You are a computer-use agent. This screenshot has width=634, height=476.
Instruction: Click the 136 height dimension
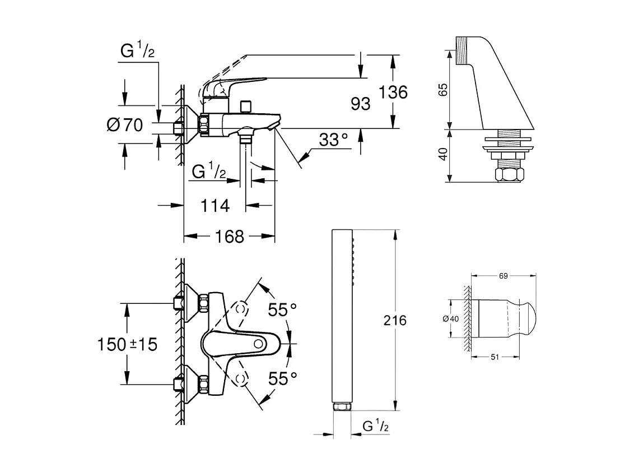coord(393,91)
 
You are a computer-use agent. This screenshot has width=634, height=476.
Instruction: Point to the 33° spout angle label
coord(333,140)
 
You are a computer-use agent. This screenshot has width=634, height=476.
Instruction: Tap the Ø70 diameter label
coord(125,125)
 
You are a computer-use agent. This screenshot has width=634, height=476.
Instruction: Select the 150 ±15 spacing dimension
coord(126,344)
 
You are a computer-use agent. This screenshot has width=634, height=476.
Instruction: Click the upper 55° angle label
coord(282,309)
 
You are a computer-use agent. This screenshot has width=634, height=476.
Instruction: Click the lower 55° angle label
coord(282,379)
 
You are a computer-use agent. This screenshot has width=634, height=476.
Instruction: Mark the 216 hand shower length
coord(394,321)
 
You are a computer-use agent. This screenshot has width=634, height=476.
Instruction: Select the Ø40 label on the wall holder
coord(450,318)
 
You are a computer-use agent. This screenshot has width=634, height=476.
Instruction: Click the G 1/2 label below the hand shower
coord(376,427)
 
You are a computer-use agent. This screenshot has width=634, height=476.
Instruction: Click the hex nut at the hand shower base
coord(342,406)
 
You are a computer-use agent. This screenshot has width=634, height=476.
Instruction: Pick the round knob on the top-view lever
coord(259,344)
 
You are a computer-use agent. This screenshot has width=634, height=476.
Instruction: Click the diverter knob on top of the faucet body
coord(244,106)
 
